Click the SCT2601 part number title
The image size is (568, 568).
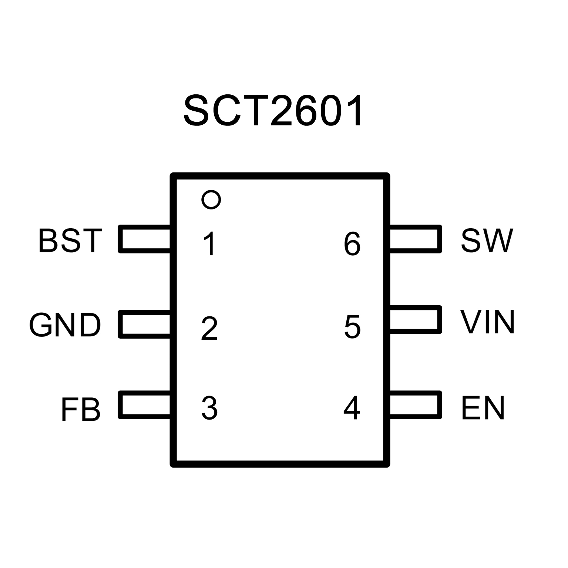[273, 111]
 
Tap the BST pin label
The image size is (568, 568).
[70, 241]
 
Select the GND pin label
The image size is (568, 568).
[65, 326]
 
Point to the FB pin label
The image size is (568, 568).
[80, 410]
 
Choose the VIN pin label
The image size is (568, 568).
[487, 322]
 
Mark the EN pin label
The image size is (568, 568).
[483, 408]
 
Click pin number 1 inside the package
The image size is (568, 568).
[209, 243]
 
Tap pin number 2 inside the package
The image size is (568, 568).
[209, 328]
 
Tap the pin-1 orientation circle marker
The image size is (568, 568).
[211, 200]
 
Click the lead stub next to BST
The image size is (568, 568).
[144, 239]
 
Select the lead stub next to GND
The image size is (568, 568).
[144, 324]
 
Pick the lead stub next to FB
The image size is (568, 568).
[144, 405]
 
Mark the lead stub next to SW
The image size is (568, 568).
[416, 239]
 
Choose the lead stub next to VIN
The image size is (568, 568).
[416, 319]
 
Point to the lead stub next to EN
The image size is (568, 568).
[416, 405]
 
